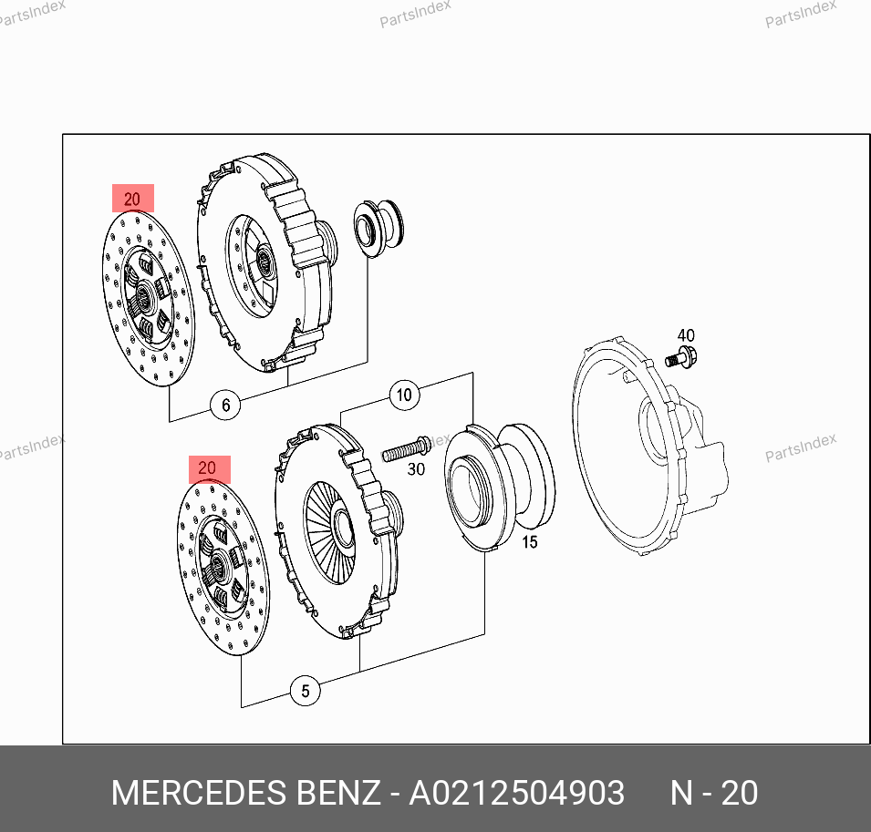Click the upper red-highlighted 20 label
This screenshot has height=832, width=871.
tap(133, 198)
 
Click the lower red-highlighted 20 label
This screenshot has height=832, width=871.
tap(210, 469)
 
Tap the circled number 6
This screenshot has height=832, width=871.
tap(225, 406)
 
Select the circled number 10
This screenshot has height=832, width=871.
tap(404, 395)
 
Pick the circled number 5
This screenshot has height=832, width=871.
tap(306, 691)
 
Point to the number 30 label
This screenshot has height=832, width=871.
tap(416, 469)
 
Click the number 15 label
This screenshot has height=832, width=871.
tap(529, 542)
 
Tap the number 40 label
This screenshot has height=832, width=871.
tap(686, 335)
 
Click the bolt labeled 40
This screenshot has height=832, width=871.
tap(681, 357)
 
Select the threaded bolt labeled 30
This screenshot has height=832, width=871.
tap(407, 448)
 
